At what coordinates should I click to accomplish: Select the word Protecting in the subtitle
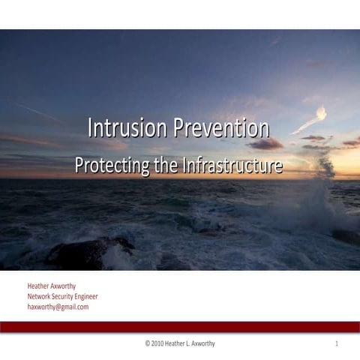tap(111, 165)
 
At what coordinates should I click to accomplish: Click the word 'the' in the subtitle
tap(166, 165)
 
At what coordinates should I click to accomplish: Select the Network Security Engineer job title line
tap(62, 296)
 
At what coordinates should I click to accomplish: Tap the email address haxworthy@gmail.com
tap(58, 307)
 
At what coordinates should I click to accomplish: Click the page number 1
tap(337, 344)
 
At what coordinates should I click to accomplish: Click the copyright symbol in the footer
tap(148, 344)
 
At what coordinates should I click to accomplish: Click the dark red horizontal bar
tap(180, 326)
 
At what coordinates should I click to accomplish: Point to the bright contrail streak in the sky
tap(311, 120)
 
